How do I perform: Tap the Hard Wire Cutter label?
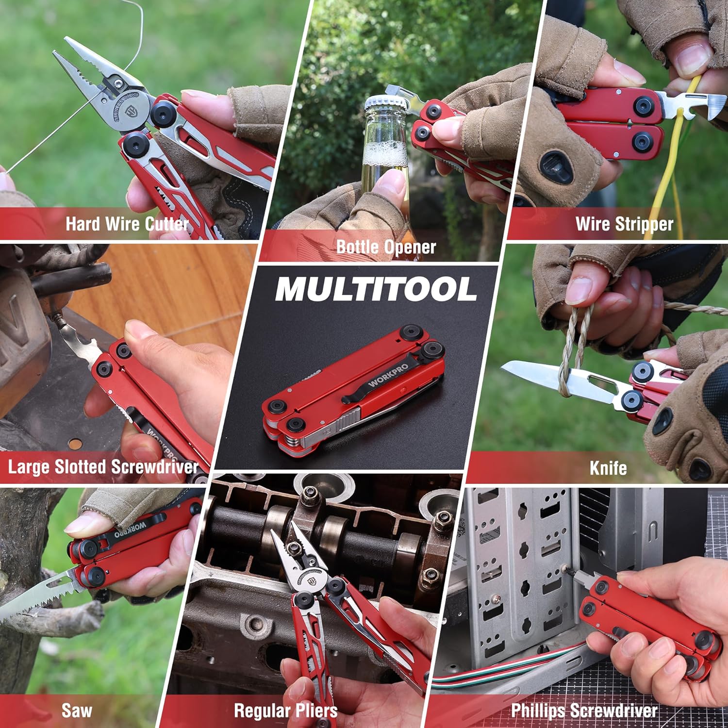point(127,224)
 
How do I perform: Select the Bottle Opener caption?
point(386,247)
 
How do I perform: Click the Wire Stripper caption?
point(624,224)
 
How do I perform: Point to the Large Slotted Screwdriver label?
point(103,467)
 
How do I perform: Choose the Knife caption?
point(608,468)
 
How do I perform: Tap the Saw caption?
point(77,711)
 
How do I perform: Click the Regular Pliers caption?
point(285,711)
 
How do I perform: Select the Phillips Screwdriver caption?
point(584,711)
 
